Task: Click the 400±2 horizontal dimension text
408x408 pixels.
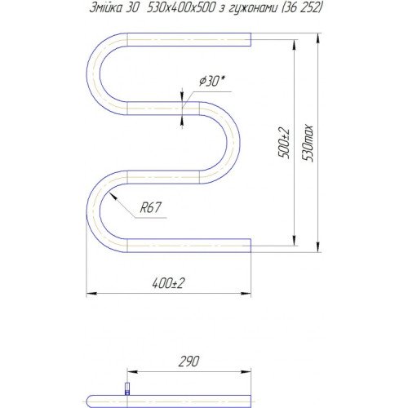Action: tap(169, 282)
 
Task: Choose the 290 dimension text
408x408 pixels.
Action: tap(188, 361)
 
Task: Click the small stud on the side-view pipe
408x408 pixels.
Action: tap(126, 388)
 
